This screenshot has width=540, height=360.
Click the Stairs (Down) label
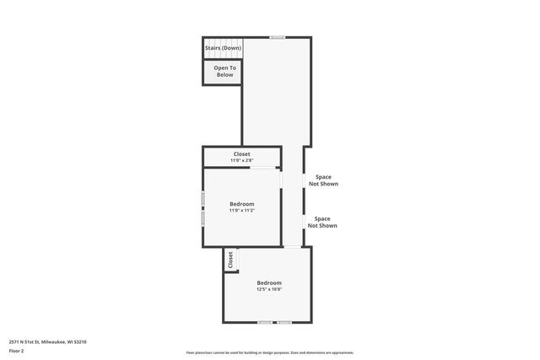tap(223, 48)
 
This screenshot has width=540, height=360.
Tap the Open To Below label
tap(224, 71)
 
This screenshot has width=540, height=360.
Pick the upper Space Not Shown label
tap(322, 180)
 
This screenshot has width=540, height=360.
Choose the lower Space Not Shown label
tap(322, 222)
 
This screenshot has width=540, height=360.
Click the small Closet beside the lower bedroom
tap(229, 261)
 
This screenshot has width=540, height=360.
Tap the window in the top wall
tap(277, 37)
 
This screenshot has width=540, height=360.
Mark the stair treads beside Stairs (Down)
tap(223, 41)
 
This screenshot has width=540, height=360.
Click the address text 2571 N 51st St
tap(26, 341)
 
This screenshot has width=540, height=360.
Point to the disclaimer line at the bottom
tap(270, 352)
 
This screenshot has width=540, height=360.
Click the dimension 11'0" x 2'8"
tap(242, 160)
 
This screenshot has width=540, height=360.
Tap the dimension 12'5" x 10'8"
tap(269, 289)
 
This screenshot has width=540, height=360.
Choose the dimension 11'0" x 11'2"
tap(242, 210)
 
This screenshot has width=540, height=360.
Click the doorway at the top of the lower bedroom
tap(291, 247)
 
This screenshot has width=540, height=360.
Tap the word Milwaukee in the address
tap(53, 341)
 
